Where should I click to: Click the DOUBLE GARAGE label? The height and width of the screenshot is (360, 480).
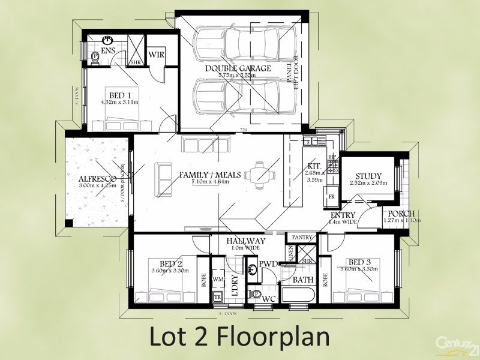coord(238,68)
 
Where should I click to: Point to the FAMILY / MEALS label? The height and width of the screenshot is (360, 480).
coord(210,175)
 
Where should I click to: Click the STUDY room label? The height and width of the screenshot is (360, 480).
coord(368,176)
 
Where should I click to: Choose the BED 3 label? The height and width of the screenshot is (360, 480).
coord(360,263)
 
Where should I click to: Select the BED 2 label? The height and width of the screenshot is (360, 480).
coord(171,263)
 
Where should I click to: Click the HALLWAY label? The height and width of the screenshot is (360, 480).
coord(246,241)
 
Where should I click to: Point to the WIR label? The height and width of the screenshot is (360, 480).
coord(157,55)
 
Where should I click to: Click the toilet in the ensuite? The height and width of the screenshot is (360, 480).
coord(94,57)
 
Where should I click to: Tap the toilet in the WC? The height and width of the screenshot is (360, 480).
coord(256,295)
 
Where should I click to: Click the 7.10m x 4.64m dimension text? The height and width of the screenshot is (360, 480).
coord(210,182)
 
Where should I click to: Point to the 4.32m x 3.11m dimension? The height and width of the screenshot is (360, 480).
coord(120,102)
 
